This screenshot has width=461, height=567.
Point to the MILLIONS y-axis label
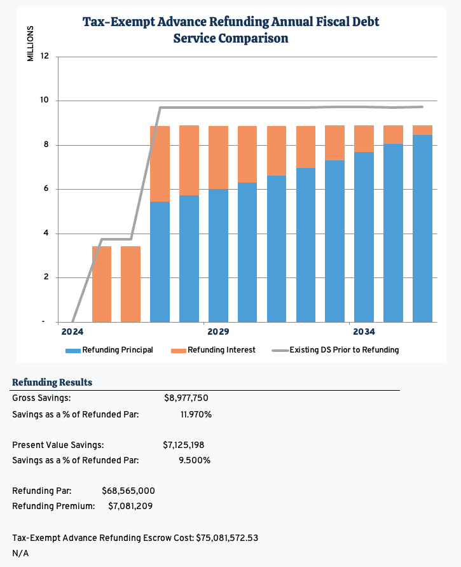[x=30, y=44]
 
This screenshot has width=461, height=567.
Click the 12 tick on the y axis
[x=45, y=57]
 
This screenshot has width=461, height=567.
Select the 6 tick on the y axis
[x=45, y=189]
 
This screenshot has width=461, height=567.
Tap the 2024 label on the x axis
[x=72, y=332]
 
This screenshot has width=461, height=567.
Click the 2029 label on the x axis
[x=218, y=332]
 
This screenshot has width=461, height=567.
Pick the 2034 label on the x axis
[x=364, y=332]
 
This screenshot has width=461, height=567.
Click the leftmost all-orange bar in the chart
[x=102, y=284]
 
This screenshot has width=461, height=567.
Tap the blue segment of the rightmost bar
[x=422, y=229]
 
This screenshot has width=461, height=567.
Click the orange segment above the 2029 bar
[x=218, y=157]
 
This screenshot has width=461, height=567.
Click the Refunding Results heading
[x=52, y=382]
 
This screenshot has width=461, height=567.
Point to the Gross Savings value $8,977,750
[x=186, y=398]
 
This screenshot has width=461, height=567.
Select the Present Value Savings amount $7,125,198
[x=183, y=445]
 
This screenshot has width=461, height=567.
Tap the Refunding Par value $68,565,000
[x=128, y=491]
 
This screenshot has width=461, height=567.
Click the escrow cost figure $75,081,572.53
[x=226, y=538]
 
